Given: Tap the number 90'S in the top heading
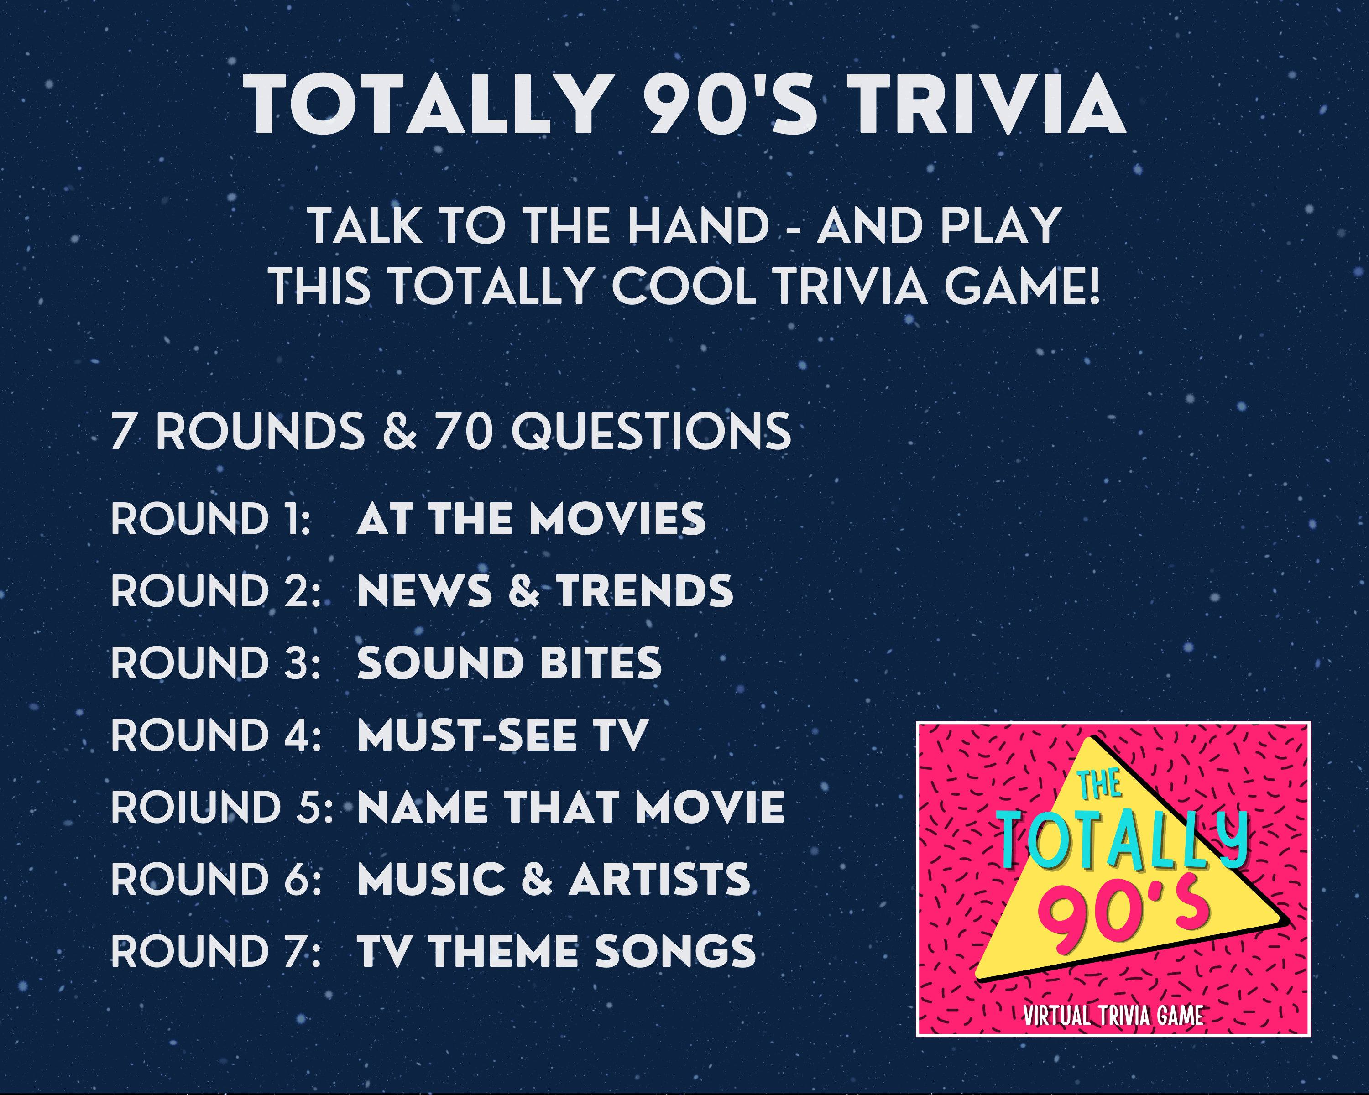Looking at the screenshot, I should tap(730, 105).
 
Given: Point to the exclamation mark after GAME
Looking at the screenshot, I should tap(1093, 286).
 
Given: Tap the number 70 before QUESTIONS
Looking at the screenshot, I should tap(464, 432).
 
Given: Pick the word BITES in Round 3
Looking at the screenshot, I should tap(600, 663).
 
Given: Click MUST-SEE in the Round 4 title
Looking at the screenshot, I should tap(467, 736).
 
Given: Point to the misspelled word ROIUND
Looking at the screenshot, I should tap(196, 808).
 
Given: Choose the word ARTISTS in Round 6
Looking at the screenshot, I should tap(659, 880).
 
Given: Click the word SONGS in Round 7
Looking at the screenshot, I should tap(675, 952).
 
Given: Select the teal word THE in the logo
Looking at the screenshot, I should tap(1098, 785).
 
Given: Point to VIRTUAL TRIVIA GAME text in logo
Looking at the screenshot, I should tap(1113, 1016).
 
